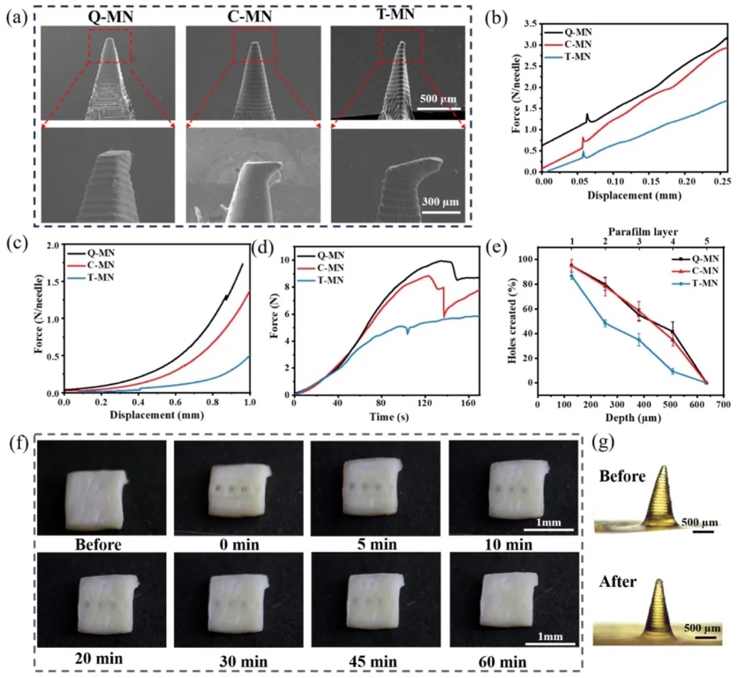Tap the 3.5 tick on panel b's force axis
tap(531, 19)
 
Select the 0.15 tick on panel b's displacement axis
tap(651, 178)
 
